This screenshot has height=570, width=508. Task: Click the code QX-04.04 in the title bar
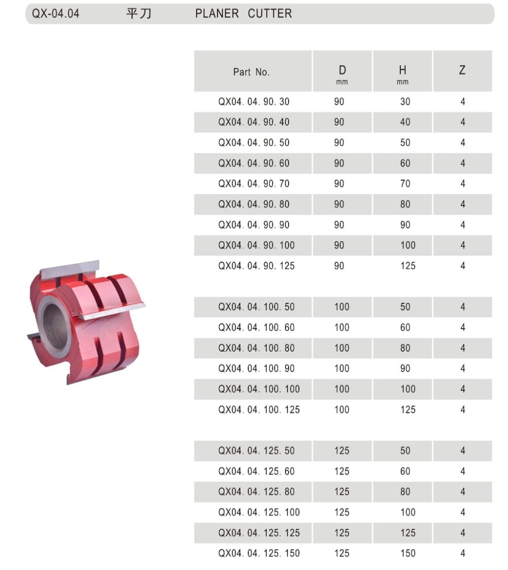[x=56, y=14]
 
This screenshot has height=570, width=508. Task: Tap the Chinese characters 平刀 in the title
[x=139, y=14]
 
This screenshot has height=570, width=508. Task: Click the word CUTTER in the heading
[x=270, y=14]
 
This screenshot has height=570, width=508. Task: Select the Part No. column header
[x=251, y=72]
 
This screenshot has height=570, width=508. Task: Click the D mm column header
[x=342, y=74]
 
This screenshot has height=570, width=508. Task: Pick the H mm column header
[x=402, y=74]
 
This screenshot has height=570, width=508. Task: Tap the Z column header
[x=462, y=71]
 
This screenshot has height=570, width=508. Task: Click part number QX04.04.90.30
[x=254, y=102]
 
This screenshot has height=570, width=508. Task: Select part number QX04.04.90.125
[x=257, y=266]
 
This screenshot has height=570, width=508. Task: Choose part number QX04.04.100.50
[x=257, y=307]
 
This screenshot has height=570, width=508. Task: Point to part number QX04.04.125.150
[x=259, y=553]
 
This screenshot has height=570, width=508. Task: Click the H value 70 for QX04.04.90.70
[x=405, y=183]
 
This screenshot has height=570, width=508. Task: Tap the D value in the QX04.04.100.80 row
[x=342, y=348]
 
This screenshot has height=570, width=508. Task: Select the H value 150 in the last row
[x=407, y=553]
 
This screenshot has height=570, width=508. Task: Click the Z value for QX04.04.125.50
[x=462, y=451]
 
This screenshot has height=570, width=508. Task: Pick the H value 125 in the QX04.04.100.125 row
[x=407, y=409]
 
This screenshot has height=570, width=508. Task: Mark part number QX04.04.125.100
[x=259, y=512]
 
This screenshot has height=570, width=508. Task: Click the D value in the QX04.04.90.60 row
[x=339, y=163]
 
